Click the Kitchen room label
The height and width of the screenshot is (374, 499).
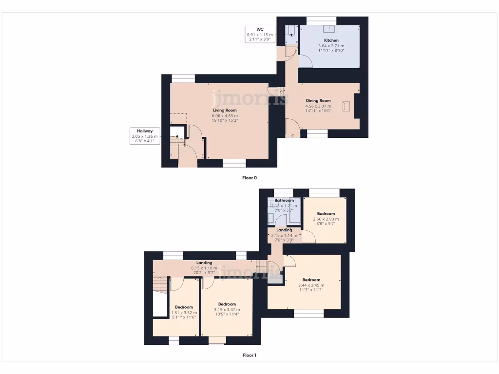pos(331,40)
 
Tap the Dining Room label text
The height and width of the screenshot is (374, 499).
pos(318,101)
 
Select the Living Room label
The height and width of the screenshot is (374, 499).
pos(225,111)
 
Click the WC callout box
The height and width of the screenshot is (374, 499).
pos(260,35)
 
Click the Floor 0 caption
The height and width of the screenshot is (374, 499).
pos(249,178)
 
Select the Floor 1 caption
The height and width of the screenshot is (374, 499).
pos(249,355)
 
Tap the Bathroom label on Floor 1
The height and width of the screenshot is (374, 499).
pos(284,200)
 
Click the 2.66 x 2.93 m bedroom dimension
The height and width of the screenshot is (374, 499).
pos(326,219)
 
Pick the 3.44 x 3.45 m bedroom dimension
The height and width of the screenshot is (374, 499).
pos(311,285)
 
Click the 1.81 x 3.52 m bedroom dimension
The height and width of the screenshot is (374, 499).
pos(184,313)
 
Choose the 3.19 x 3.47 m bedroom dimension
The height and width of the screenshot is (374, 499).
pos(227,310)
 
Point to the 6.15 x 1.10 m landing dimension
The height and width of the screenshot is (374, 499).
pos(204,268)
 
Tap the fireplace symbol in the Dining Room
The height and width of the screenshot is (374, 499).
pos(346,106)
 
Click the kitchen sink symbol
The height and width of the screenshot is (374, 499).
pos(329,28)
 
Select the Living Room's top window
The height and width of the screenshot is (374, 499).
pos(183,78)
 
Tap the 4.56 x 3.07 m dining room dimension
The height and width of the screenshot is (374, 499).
pos(318,106)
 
